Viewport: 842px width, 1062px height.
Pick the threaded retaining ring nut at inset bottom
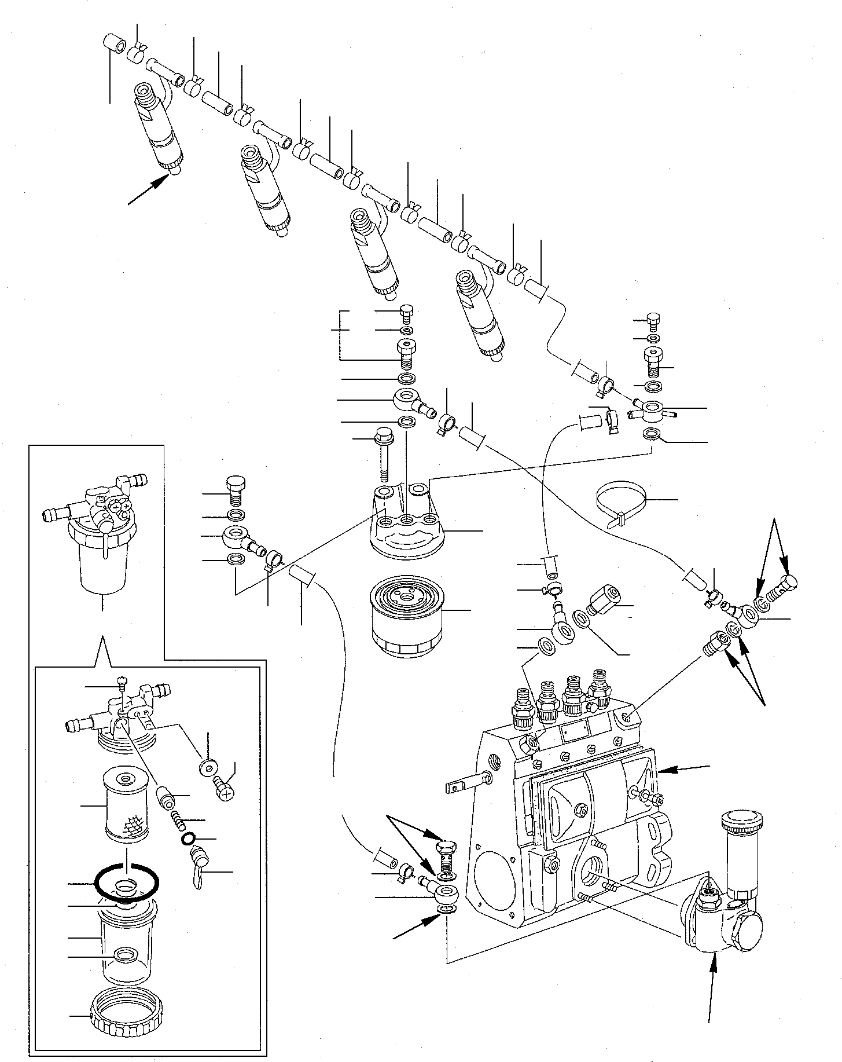(126, 1021)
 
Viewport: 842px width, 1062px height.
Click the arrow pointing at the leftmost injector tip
(148, 191)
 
